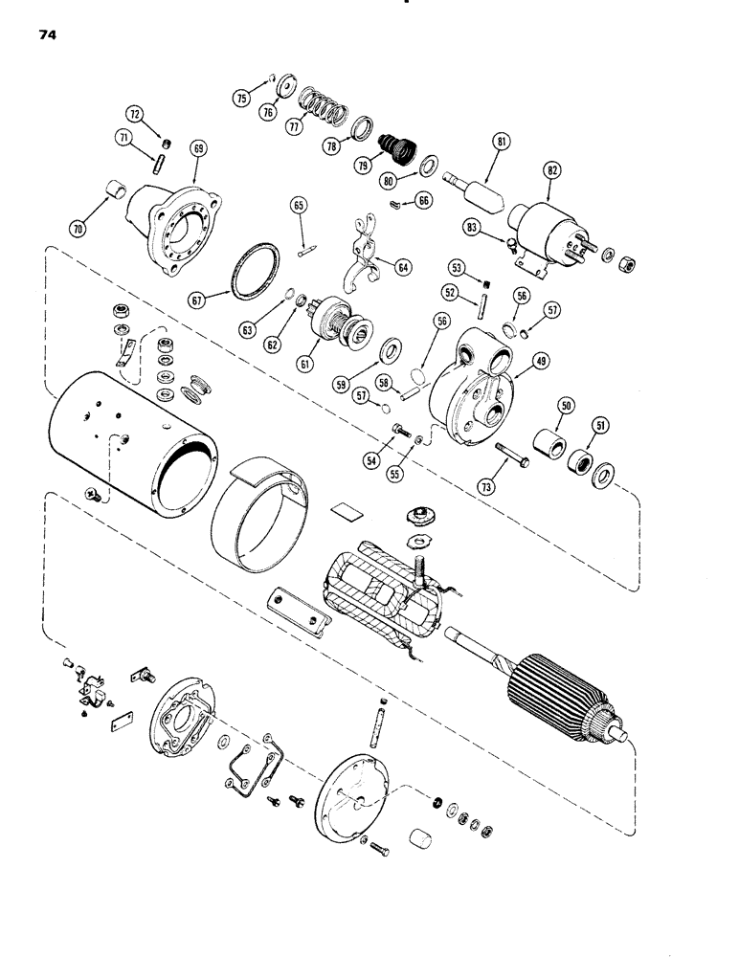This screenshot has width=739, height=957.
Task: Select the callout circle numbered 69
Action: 198,148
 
